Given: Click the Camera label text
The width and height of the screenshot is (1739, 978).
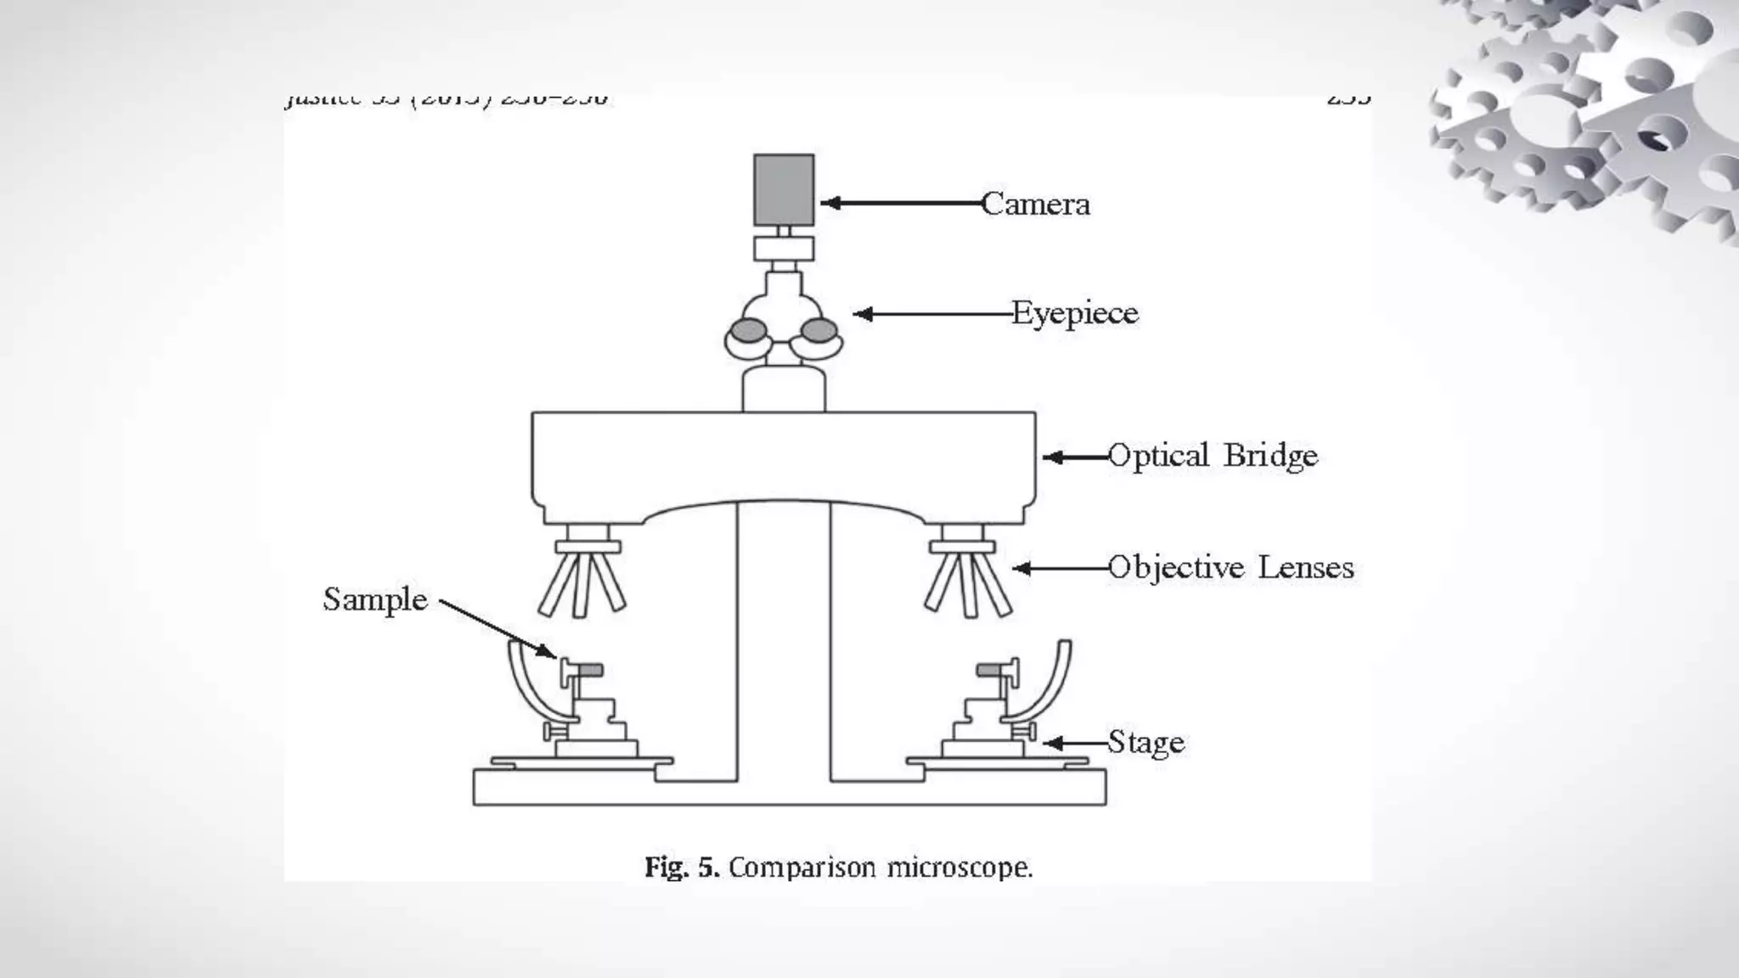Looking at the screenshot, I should point(1035,205).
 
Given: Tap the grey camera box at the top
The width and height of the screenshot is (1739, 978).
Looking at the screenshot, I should point(784,190).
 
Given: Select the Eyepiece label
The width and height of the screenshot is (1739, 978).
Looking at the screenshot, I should point(1074,314).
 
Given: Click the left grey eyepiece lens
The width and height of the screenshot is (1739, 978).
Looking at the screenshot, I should point(749,329).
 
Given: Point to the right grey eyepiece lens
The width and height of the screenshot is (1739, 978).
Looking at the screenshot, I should point(820,329).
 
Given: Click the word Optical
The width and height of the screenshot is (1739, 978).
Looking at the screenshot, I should point(1158,457).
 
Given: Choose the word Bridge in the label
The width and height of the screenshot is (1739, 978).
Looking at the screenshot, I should point(1270,457).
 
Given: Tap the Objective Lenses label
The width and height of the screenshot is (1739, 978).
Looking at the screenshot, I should point(1230,568).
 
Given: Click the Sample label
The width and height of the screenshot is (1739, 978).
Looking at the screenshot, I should point(375,600).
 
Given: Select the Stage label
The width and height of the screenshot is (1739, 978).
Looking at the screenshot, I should point(1145,743).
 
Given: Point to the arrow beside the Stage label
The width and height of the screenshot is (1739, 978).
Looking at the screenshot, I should point(1074,744).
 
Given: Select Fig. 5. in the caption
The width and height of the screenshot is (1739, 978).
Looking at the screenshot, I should point(682,868).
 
